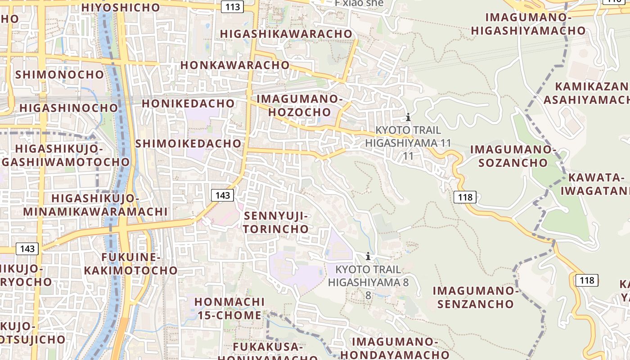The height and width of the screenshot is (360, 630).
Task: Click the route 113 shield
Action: point(233,6)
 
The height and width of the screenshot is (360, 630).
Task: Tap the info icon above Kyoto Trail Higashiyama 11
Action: point(408,117)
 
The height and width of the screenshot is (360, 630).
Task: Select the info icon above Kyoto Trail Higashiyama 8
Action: point(368,256)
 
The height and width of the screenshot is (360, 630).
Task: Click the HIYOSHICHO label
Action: point(121,8)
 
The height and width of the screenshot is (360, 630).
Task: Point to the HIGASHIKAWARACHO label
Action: point(286,34)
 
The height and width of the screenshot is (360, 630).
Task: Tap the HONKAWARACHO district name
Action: point(235,65)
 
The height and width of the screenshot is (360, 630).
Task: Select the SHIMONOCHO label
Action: point(59,74)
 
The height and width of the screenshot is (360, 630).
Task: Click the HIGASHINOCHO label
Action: point(68,108)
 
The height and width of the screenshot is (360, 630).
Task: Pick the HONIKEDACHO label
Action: point(188,103)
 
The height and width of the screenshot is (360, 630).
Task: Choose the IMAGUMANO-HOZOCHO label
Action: point(300,105)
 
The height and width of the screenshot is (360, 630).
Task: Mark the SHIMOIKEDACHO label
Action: point(188,144)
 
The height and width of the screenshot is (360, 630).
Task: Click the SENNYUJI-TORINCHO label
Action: point(276,222)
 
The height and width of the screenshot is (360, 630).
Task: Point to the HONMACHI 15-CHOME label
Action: point(229,308)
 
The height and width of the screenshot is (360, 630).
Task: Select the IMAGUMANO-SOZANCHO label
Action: point(513,156)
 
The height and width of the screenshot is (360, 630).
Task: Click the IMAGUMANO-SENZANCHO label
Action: point(476,297)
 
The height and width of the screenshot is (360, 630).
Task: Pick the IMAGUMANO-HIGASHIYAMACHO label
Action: point(528,24)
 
